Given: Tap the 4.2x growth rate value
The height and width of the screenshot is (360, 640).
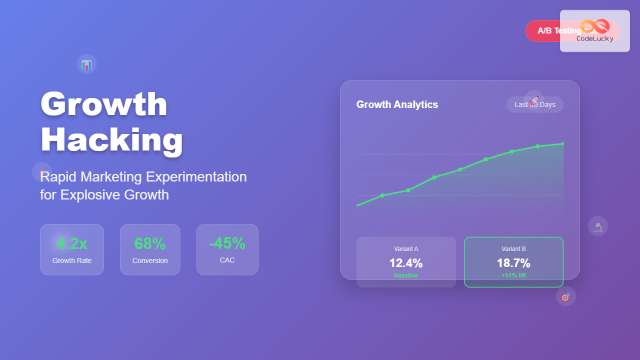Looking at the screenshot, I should (x=72, y=243).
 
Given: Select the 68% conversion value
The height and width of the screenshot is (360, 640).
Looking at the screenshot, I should (x=150, y=243).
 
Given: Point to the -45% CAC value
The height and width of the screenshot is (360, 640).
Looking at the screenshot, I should (x=227, y=243).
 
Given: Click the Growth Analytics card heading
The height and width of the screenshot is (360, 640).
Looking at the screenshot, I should (x=397, y=104).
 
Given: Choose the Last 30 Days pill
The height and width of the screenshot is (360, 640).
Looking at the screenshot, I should (x=535, y=104).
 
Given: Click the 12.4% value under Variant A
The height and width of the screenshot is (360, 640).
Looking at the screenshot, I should (x=406, y=263).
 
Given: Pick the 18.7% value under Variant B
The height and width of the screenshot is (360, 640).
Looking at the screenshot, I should (x=513, y=263).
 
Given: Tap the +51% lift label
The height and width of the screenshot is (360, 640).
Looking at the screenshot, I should (x=513, y=275).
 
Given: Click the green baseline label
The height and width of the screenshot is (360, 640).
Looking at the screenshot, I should (x=406, y=275).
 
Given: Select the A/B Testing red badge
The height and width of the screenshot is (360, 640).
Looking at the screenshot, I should (x=550, y=31).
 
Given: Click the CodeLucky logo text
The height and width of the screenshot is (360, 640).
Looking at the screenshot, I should (x=594, y=38).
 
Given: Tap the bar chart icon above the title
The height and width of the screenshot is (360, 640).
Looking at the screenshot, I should (x=86, y=64).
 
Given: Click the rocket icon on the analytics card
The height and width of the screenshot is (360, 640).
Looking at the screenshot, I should (x=534, y=100).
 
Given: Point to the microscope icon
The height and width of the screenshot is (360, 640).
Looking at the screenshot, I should (x=598, y=226).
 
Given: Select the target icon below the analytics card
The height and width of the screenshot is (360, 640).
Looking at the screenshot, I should (x=566, y=296).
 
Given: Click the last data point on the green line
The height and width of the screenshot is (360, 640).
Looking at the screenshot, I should (x=563, y=144).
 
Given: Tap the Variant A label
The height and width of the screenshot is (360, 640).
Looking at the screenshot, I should (x=406, y=249).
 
